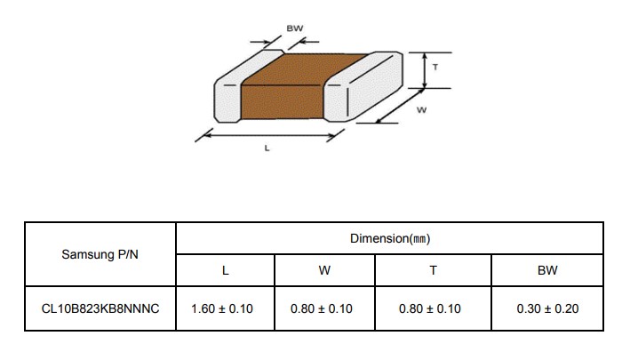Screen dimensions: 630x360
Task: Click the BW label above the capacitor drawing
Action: (x=294, y=28)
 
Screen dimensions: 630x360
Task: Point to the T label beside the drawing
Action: (x=435, y=67)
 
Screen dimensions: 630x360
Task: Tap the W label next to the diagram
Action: (x=421, y=109)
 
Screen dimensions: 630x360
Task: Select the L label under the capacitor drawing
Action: (x=267, y=148)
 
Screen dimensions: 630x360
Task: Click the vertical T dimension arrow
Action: (x=425, y=70)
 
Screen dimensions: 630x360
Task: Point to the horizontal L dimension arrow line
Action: (x=270, y=135)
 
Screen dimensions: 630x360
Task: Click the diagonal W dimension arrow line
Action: (x=399, y=106)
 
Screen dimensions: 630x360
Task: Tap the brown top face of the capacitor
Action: (x=305, y=69)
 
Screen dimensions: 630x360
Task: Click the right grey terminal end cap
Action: (x=363, y=86)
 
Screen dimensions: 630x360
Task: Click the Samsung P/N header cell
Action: (x=100, y=254)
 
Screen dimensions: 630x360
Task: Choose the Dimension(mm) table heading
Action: (x=390, y=238)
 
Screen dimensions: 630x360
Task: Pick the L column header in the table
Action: (x=226, y=270)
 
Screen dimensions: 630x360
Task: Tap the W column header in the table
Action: (x=324, y=270)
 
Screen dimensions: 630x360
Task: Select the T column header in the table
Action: (x=433, y=270)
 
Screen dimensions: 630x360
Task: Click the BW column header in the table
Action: (x=547, y=270)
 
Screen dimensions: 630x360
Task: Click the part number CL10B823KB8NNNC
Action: (x=100, y=308)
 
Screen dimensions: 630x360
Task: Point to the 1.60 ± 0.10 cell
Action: (x=222, y=308)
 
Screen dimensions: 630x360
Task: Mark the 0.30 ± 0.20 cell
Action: (x=547, y=308)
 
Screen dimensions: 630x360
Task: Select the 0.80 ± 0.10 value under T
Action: (x=430, y=308)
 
